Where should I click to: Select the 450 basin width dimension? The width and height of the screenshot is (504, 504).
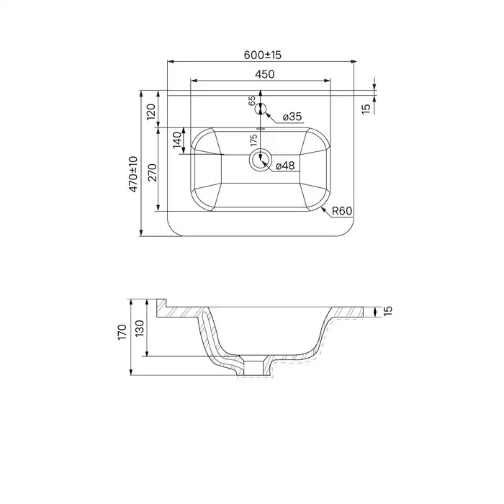[262, 73]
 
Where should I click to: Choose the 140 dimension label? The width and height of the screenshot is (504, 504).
[176, 140]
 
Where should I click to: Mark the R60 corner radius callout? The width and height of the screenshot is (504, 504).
[341, 211]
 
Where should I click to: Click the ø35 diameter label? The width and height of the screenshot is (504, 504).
[292, 117]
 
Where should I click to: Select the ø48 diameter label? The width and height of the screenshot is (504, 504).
[286, 166]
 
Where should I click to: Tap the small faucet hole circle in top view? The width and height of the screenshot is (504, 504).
[261, 109]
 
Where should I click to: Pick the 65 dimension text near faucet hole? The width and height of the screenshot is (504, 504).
[252, 101]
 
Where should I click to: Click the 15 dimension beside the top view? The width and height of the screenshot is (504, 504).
[366, 108]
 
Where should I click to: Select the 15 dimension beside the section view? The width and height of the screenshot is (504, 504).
[387, 311]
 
